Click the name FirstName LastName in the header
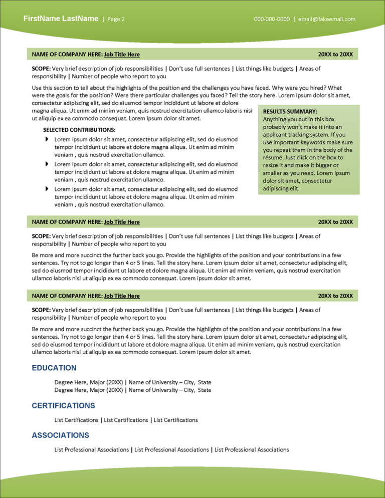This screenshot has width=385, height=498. [x=61, y=19]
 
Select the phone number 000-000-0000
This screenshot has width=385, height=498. [x=272, y=19]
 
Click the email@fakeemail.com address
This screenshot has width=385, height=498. [x=326, y=19]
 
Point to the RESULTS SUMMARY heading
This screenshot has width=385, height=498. [x=290, y=112]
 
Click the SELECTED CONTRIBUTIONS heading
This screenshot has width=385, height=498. [x=79, y=130]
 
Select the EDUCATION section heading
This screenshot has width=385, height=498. [x=54, y=368]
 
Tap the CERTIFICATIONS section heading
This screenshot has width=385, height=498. [x=63, y=405]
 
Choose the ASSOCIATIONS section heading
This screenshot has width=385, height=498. [x=61, y=435]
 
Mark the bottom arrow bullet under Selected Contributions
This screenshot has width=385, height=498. [x=47, y=189]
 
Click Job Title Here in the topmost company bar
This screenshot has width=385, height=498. [x=122, y=54]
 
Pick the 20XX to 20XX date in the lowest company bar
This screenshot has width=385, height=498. [x=335, y=296]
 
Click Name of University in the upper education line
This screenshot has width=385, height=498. [x=153, y=382]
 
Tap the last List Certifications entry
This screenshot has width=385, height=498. [x=176, y=420]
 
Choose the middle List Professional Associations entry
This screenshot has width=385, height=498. [x=172, y=450]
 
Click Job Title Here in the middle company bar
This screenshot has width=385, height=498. [x=122, y=221]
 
